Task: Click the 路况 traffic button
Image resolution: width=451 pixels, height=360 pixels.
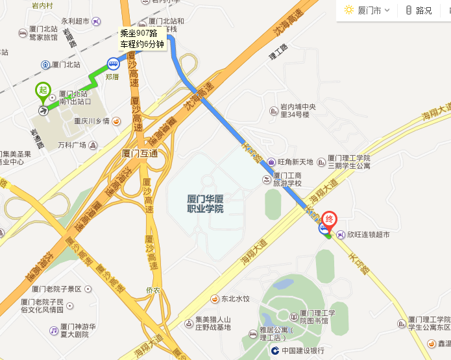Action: click(419, 10)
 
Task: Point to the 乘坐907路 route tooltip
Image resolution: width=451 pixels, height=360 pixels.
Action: click(143, 39)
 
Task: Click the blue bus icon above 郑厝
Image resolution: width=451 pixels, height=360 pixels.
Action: click(113, 64)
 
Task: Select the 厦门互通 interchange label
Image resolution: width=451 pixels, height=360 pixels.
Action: click(140, 154)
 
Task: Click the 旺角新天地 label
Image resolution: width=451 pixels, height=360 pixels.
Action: click(295, 162)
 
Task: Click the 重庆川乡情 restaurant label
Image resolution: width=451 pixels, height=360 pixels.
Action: click(91, 121)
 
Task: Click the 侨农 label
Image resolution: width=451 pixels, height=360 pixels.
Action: click(152, 290)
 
